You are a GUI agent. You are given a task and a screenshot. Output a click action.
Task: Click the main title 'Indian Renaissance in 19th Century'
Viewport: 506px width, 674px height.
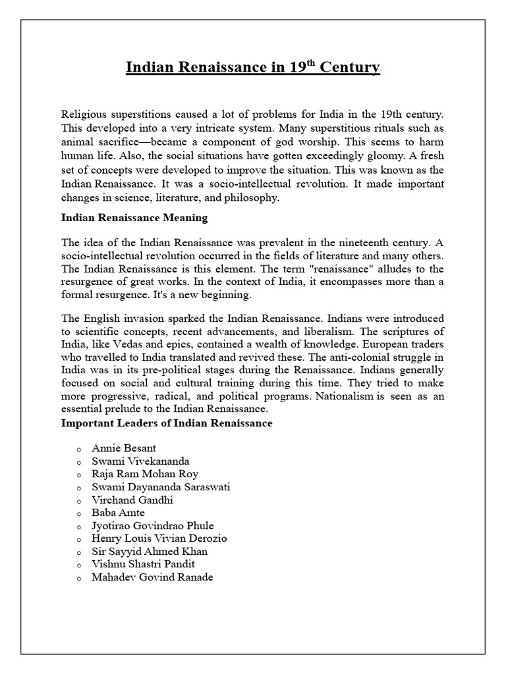point(253,68)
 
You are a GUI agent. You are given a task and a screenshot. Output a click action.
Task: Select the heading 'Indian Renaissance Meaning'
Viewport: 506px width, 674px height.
point(134,217)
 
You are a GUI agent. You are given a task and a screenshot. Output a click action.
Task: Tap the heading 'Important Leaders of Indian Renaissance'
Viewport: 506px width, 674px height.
point(167,423)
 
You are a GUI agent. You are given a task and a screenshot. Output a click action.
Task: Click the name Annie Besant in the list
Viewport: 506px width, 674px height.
point(124,448)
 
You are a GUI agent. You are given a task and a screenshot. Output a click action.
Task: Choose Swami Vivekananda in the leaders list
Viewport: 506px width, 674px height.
point(140,461)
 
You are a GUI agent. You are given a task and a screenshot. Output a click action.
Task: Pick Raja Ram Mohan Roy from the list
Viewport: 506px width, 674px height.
point(145,474)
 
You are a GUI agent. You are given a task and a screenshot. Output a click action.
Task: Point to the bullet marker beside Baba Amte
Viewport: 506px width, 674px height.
point(78,513)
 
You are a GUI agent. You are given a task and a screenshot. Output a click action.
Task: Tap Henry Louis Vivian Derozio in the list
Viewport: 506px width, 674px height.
point(159,538)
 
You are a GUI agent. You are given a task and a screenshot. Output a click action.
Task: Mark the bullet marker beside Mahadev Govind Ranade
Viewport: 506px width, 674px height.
point(78,578)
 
